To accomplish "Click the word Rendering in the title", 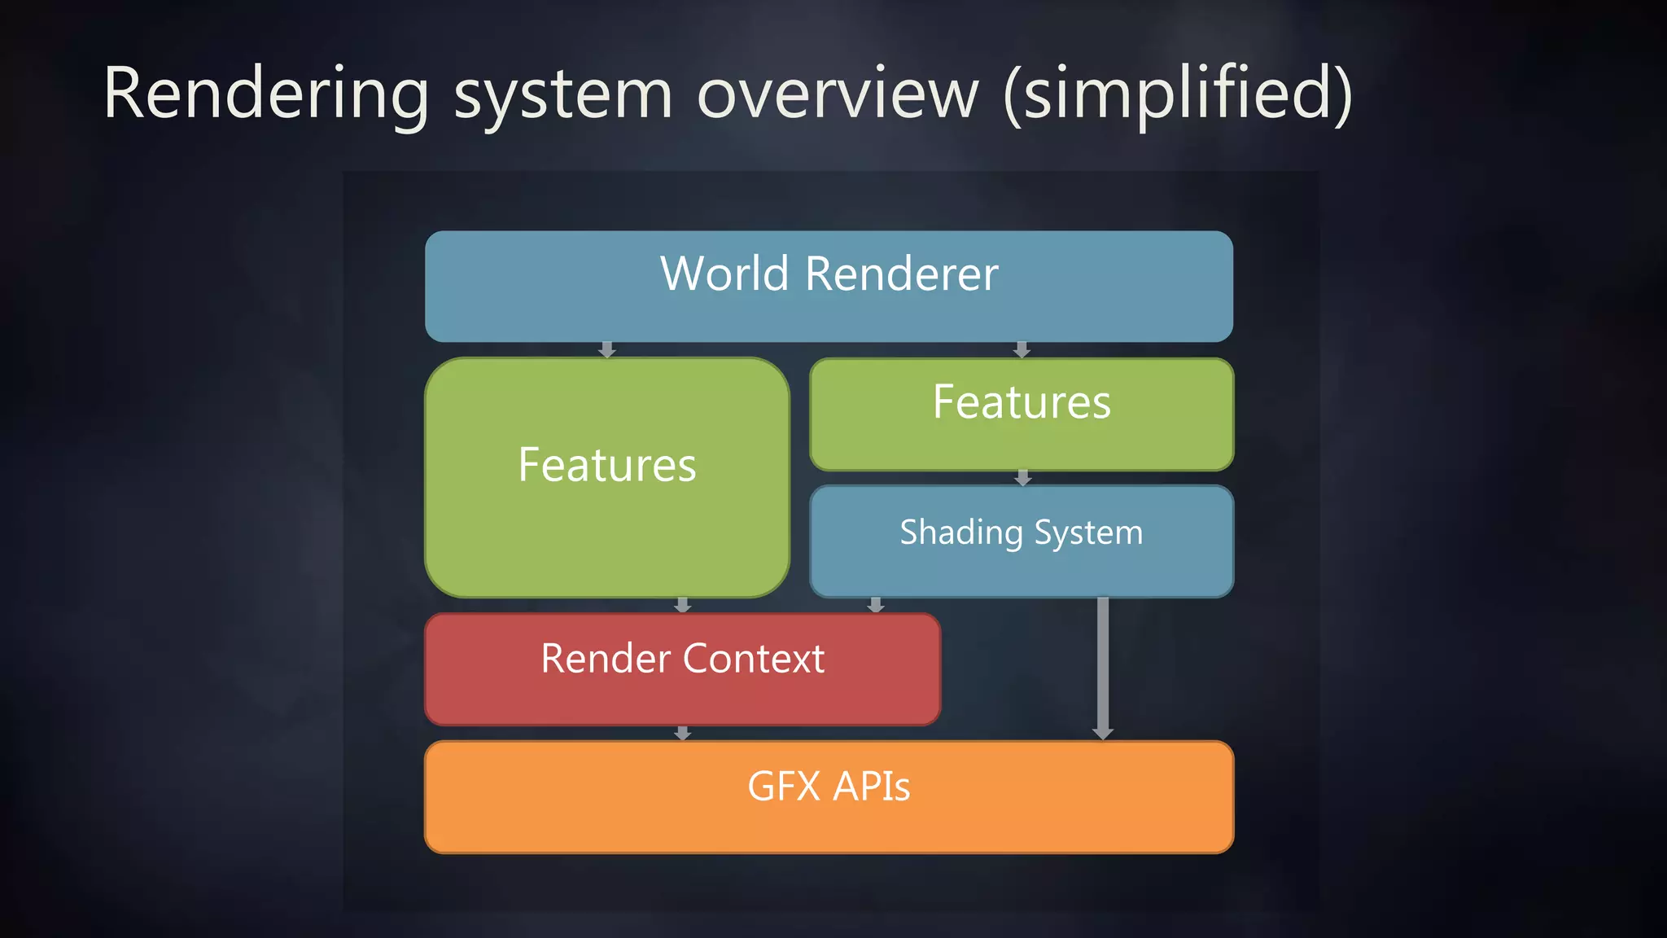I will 265,96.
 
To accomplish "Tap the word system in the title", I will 562,96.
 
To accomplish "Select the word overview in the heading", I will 838,94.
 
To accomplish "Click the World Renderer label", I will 829,274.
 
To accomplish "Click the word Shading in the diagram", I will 960,533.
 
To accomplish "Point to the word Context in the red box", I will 754,659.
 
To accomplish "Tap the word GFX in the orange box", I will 783,787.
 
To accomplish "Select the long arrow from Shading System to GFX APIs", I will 1103,668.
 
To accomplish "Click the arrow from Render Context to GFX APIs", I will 683,733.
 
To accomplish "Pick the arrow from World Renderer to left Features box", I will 606,349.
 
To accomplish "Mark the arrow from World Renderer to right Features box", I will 1022,349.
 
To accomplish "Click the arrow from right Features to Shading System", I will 1023,478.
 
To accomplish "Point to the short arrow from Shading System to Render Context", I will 876,605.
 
